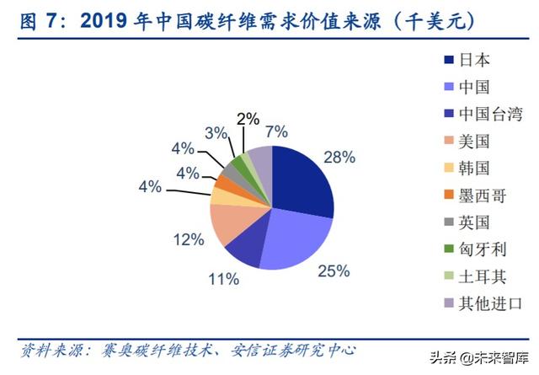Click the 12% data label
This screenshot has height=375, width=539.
click(191, 240)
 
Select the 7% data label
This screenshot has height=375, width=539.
click(275, 131)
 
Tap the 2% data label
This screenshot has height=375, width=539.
click(248, 119)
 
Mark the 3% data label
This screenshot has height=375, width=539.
click(216, 132)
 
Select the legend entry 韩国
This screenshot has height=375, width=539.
click(474, 168)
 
